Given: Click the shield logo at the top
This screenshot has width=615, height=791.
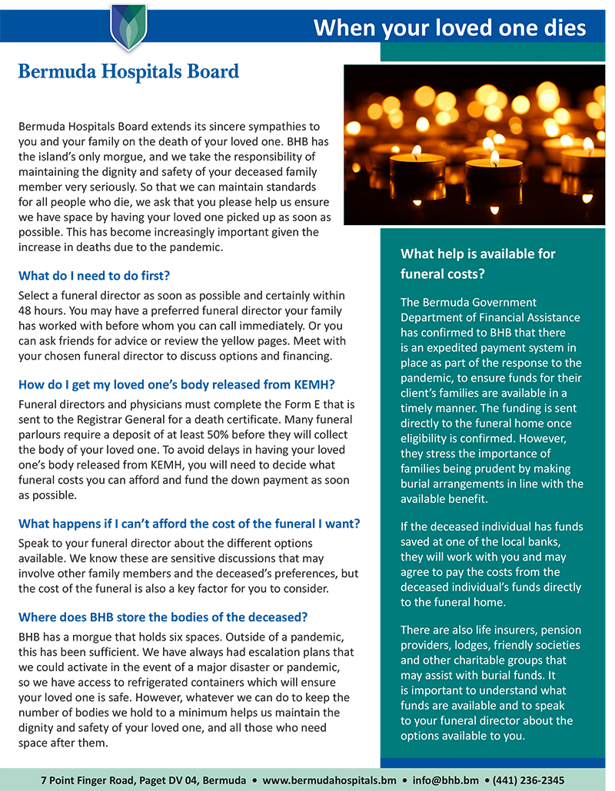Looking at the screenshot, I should click(x=128, y=28).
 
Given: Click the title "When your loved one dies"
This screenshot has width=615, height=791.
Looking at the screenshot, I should click(x=450, y=28).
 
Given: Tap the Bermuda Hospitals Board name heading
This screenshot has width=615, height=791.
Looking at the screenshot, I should click(x=128, y=72).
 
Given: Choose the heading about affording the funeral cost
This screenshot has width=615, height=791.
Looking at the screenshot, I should click(x=188, y=525).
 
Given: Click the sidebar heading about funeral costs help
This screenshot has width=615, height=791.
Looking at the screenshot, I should click(x=477, y=263).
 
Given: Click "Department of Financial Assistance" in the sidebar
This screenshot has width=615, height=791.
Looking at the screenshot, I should click(x=490, y=317).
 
